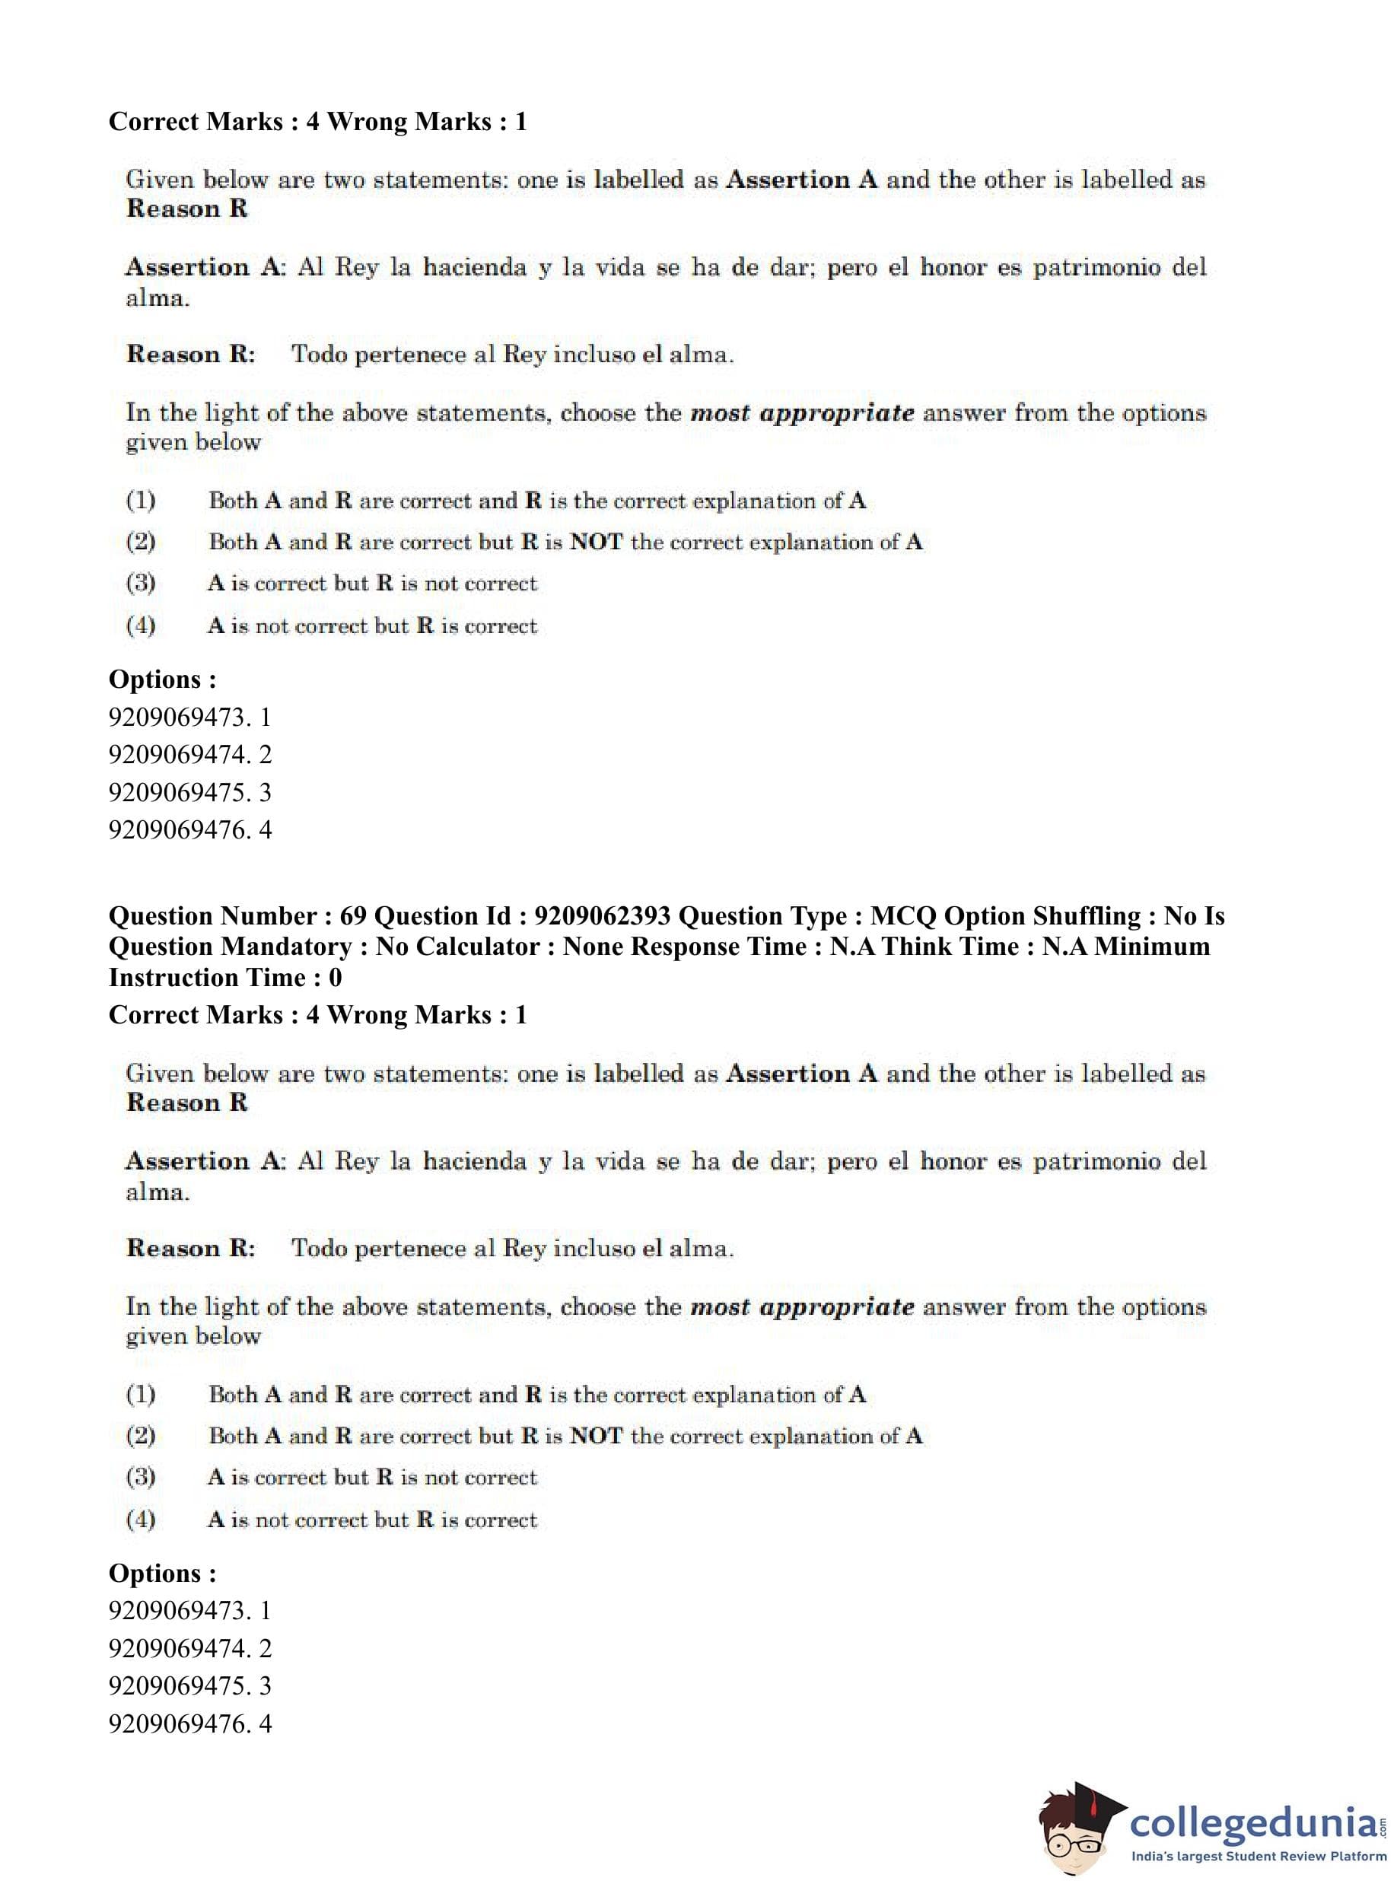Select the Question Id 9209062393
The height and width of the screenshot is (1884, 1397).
(602, 916)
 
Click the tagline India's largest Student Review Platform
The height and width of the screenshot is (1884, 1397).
(1259, 1856)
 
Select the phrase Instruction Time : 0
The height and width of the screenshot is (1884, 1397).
(225, 978)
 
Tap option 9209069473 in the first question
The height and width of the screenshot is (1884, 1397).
(189, 717)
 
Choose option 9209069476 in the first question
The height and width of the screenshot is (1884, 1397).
(189, 829)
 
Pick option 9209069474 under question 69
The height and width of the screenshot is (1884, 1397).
(189, 1648)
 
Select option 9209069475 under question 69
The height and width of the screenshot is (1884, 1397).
(189, 1685)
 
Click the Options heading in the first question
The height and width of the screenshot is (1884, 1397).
(162, 679)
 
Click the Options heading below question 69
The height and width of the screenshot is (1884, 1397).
(162, 1573)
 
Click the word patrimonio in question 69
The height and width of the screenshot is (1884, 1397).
(1096, 1162)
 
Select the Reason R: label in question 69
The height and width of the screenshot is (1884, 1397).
(190, 1248)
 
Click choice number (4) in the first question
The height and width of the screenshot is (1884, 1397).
(140, 625)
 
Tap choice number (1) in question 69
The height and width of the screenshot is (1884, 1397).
(140, 1395)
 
